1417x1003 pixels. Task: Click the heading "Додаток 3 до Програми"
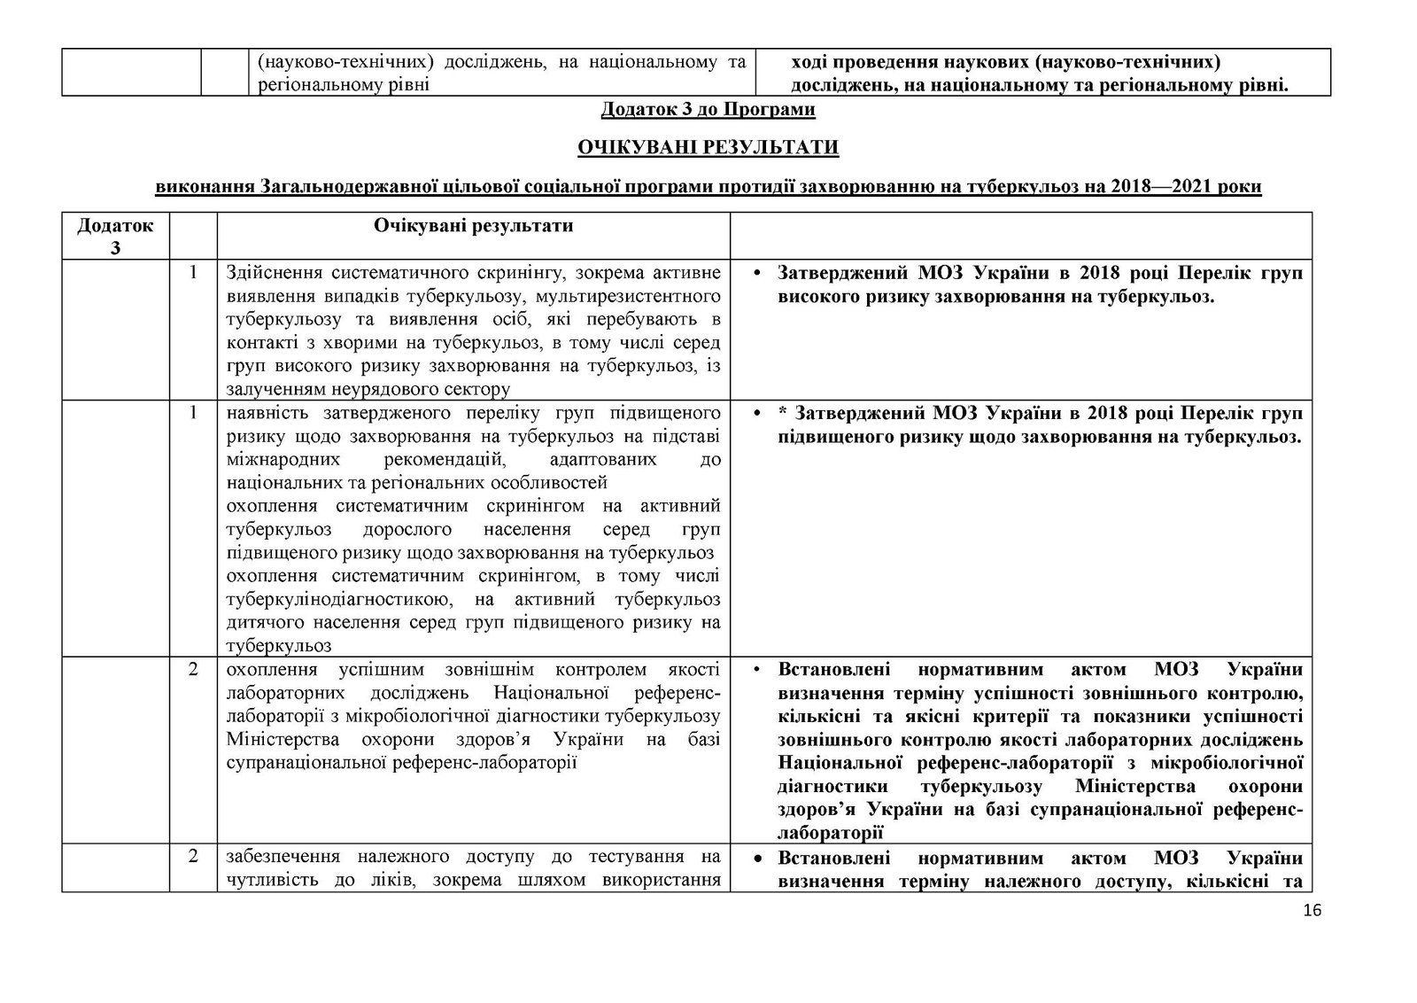pyautogui.click(x=708, y=110)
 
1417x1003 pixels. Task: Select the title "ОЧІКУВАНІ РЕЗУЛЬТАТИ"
pyautogui.click(x=708, y=147)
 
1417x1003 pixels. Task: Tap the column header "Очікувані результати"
pyautogui.click(x=473, y=226)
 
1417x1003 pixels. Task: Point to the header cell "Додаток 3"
pyautogui.click(x=115, y=237)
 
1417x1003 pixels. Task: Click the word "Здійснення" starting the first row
pyautogui.click(x=268, y=274)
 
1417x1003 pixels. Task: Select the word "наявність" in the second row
pyautogui.click(x=263, y=413)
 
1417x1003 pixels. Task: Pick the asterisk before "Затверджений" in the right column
pyautogui.click(x=783, y=414)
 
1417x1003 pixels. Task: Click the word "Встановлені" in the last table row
pyautogui.click(x=832, y=859)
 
